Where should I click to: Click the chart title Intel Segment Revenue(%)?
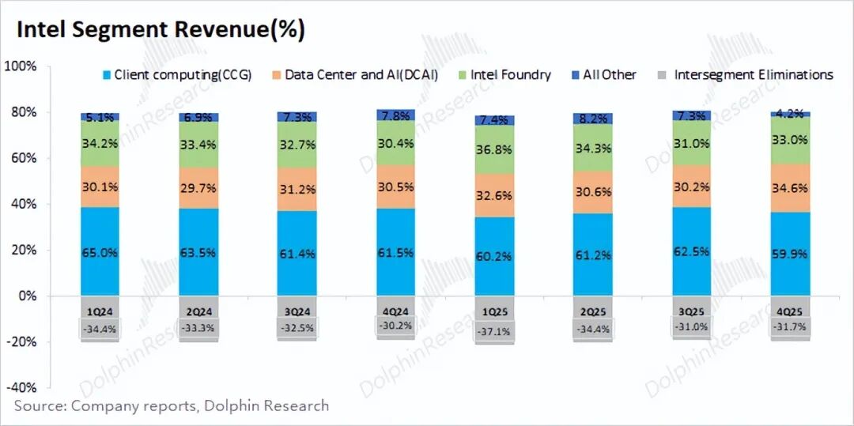click(x=161, y=30)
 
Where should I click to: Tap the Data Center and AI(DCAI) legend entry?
click(x=361, y=75)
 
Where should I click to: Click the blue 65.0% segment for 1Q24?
click(x=100, y=252)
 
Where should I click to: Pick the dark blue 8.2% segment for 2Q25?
click(x=593, y=119)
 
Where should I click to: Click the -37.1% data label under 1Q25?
click(x=494, y=328)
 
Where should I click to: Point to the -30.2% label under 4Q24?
click(x=395, y=325)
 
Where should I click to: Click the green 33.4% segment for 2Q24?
click(x=198, y=145)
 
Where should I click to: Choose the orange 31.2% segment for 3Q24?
click(x=297, y=188)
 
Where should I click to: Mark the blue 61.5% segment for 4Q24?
click(x=395, y=252)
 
